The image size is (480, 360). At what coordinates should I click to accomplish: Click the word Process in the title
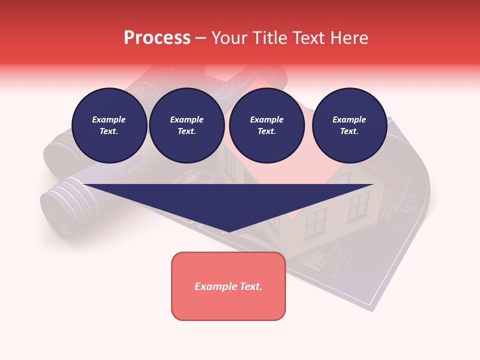157,38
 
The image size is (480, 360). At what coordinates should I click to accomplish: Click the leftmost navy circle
109,125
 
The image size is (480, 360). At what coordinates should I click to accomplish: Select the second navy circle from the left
186,125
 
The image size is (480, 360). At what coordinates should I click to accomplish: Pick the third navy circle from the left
266,125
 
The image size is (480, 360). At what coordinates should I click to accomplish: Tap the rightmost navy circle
349,125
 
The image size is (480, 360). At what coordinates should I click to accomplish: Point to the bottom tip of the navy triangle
228,230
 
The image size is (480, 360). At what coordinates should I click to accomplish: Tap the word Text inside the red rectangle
251,286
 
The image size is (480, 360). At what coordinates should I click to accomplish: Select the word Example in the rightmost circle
349,120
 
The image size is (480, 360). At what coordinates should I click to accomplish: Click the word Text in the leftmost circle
108,131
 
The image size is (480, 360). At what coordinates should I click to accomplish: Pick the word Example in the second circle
186,120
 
